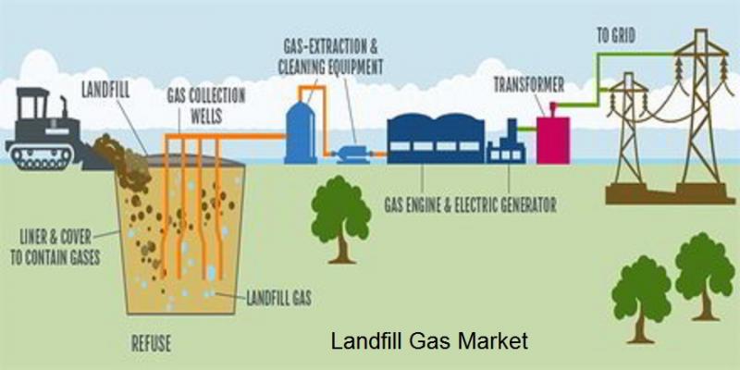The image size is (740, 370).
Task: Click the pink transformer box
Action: [552, 140]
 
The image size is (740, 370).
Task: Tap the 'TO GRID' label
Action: [616, 36]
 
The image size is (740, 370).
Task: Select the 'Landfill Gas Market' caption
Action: [429, 340]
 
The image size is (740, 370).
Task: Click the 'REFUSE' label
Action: [151, 343]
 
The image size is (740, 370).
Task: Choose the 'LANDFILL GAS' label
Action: [279, 298]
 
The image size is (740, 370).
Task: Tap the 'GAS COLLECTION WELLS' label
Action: [206, 105]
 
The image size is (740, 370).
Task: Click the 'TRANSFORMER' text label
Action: [529, 85]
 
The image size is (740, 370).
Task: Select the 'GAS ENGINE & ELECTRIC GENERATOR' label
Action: [471, 205]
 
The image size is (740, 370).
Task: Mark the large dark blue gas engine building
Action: [436, 139]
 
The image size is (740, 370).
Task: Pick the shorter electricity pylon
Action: [628, 128]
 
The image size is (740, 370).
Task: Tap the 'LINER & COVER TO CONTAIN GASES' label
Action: [55, 247]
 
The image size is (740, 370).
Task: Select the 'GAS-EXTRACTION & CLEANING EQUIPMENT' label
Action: [330, 56]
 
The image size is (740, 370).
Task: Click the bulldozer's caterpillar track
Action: [40, 156]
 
